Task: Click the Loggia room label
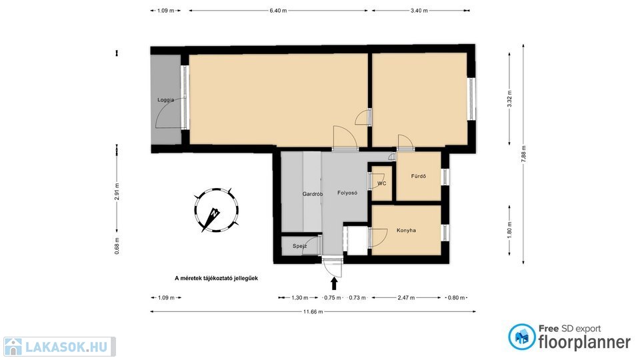click(166, 99)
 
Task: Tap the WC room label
click(381, 184)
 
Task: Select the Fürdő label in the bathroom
click(419, 176)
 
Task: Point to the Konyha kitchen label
click(406, 230)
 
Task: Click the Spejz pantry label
click(299, 246)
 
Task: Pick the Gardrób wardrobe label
click(313, 194)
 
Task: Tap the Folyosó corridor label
click(347, 193)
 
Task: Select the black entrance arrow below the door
click(334, 283)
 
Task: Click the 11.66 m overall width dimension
click(313, 312)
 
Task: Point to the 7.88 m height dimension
click(524, 154)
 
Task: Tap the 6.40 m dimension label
click(278, 11)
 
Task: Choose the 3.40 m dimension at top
click(419, 11)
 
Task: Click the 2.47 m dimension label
click(406, 297)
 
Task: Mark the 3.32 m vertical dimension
click(509, 99)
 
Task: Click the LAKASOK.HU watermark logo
click(59, 347)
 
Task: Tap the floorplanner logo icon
click(521, 337)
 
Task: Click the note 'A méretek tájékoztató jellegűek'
click(216, 279)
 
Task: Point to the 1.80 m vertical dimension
click(509, 231)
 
